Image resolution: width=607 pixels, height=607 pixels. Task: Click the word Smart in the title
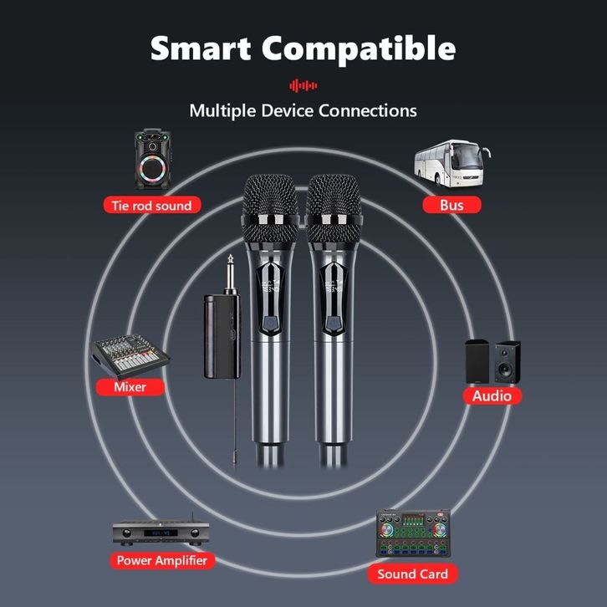(x=201, y=48)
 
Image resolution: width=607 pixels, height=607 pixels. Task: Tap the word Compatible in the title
(x=359, y=49)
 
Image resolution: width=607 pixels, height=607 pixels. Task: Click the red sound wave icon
(x=303, y=85)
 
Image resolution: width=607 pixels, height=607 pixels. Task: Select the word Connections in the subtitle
(x=368, y=110)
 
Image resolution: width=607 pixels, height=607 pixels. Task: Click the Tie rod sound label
(x=152, y=205)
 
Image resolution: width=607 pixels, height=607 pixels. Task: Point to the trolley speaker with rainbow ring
(x=152, y=159)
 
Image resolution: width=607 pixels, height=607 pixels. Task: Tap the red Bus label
(x=451, y=205)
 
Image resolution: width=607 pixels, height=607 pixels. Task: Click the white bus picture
(x=451, y=163)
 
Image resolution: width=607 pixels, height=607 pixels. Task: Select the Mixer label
(x=130, y=387)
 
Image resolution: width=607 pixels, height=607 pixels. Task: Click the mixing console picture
(x=130, y=356)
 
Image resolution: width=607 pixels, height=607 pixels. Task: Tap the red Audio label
(x=492, y=396)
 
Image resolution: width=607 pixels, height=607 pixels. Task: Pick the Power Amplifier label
(x=162, y=560)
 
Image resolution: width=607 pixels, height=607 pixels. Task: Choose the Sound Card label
(x=413, y=574)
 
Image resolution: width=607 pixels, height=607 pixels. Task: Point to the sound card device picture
(x=413, y=533)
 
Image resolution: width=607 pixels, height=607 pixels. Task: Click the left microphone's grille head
(x=271, y=209)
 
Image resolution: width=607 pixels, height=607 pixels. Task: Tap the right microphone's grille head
(x=334, y=209)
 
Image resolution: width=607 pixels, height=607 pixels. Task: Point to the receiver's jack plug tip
(x=230, y=257)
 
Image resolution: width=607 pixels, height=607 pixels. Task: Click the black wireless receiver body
(x=222, y=336)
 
